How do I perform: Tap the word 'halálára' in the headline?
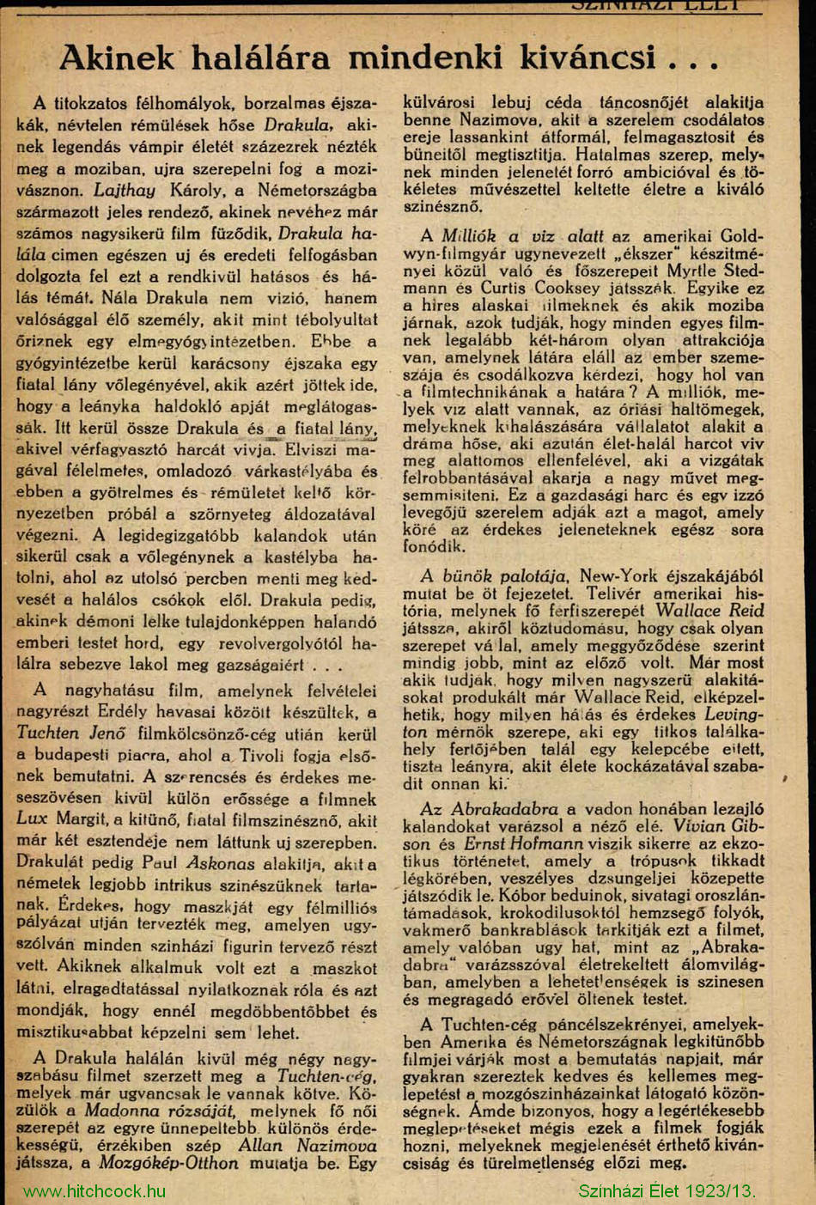tap(260, 58)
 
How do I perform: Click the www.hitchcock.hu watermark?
tap(94, 1191)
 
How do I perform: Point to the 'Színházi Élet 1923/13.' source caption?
tap(667, 1191)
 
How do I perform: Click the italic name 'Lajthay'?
tap(125, 190)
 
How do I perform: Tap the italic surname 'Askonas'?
tap(220, 864)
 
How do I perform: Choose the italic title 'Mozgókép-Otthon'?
tap(168, 1163)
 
